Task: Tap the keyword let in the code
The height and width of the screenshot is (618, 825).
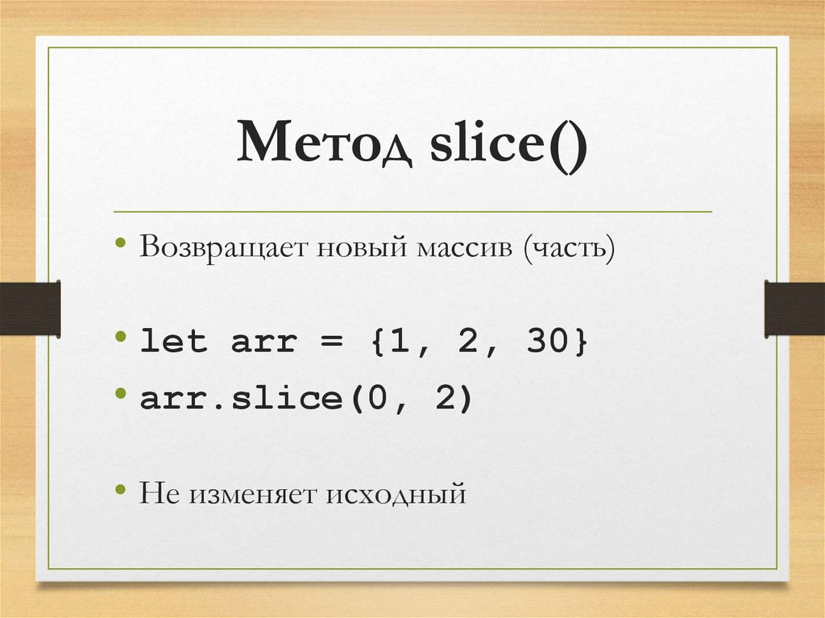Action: (174, 342)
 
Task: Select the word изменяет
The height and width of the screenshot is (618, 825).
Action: (253, 491)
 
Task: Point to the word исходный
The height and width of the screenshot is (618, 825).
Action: (396, 492)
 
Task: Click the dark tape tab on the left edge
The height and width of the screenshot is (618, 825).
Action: (30, 308)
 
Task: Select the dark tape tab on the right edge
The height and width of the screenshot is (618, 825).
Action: (794, 308)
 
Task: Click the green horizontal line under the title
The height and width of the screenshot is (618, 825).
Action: (412, 212)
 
